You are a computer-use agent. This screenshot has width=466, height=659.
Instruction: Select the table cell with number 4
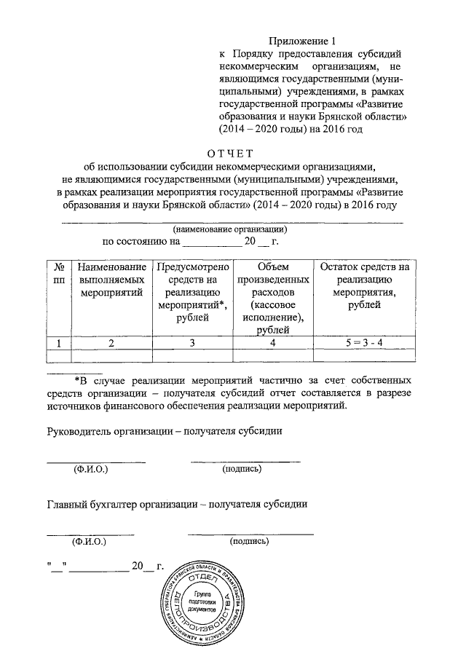(270, 342)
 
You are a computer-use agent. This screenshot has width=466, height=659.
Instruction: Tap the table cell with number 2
(111, 342)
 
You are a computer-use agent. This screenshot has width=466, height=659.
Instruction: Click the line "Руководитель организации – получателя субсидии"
(165, 430)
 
